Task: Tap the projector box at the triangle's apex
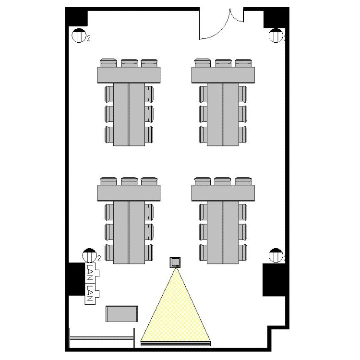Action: click(175, 262)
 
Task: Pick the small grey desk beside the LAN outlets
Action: click(122, 313)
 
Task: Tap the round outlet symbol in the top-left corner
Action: click(79, 36)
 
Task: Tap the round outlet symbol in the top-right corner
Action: click(276, 36)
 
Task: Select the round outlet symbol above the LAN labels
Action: click(89, 255)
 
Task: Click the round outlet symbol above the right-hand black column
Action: click(276, 255)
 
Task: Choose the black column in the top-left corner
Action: click(76, 17)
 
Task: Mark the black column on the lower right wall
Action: click(274, 280)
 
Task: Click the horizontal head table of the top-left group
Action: click(129, 75)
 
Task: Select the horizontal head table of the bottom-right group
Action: click(223, 193)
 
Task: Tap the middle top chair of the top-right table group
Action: click(223, 63)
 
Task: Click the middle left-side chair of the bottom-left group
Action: click(109, 232)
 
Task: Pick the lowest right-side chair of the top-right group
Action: click(243, 134)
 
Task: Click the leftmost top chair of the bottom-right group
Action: click(203, 181)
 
